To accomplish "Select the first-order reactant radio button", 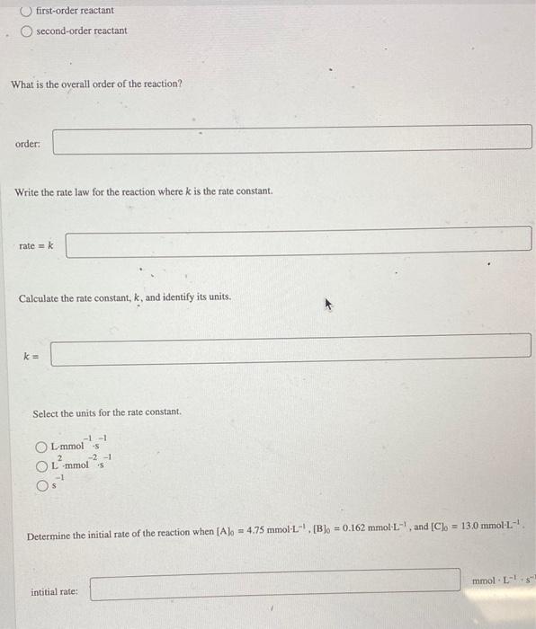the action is tap(26, 11).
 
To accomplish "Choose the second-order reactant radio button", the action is tap(27, 31).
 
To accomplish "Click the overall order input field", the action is tap(291, 139).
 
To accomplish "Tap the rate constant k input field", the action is tap(290, 350).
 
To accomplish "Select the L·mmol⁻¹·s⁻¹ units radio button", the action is tap(40, 447).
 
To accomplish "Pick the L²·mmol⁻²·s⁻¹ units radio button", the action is tap(40, 465).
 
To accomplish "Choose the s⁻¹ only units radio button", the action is tap(40, 484).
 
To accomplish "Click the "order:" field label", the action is tap(28, 144).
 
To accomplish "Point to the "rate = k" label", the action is tap(36, 244).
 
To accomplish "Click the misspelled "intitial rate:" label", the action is tap(54, 592).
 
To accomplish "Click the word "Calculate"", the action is tap(41, 297).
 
